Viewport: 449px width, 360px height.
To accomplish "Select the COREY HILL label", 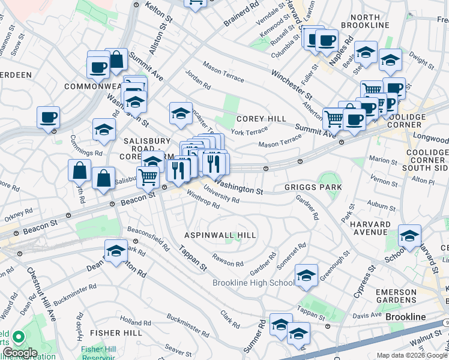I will tap(261, 119).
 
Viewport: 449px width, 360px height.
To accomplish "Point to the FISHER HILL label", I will tap(116, 332).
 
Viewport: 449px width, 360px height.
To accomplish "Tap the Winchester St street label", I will tap(292, 85).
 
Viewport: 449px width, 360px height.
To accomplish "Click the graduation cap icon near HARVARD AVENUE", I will tap(409, 236).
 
